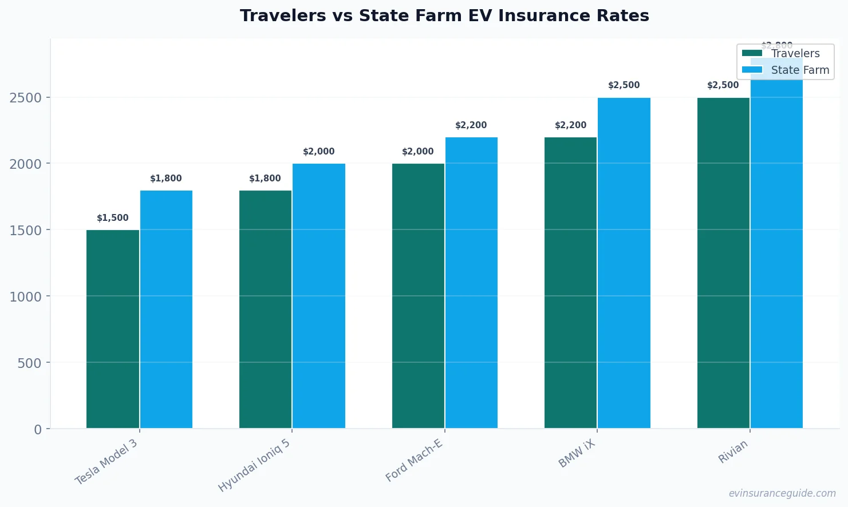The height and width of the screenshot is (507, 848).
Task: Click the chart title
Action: (444, 16)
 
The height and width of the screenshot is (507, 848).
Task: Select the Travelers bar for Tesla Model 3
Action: (113, 329)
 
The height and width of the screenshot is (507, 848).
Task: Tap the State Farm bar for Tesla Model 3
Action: (166, 309)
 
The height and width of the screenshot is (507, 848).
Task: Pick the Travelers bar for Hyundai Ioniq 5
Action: (265, 309)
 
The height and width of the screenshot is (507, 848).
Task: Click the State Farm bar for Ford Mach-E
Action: (471, 283)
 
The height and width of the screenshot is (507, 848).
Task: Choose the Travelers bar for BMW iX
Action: (570, 283)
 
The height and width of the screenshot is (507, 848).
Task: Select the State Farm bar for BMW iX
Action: (624, 263)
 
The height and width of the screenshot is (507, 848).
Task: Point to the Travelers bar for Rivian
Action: (723, 263)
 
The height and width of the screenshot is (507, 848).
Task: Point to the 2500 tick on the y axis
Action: (26, 98)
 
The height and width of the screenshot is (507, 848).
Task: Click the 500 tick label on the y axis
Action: (29, 363)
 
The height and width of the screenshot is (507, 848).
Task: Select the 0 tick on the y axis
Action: (38, 429)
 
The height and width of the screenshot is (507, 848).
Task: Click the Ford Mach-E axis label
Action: (414, 461)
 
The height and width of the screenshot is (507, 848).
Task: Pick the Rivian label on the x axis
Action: (733, 451)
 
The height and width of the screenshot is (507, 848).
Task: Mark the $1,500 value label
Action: (113, 218)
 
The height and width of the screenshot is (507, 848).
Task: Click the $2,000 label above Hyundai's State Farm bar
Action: (318, 152)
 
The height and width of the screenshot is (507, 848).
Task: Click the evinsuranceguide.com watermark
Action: (782, 493)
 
